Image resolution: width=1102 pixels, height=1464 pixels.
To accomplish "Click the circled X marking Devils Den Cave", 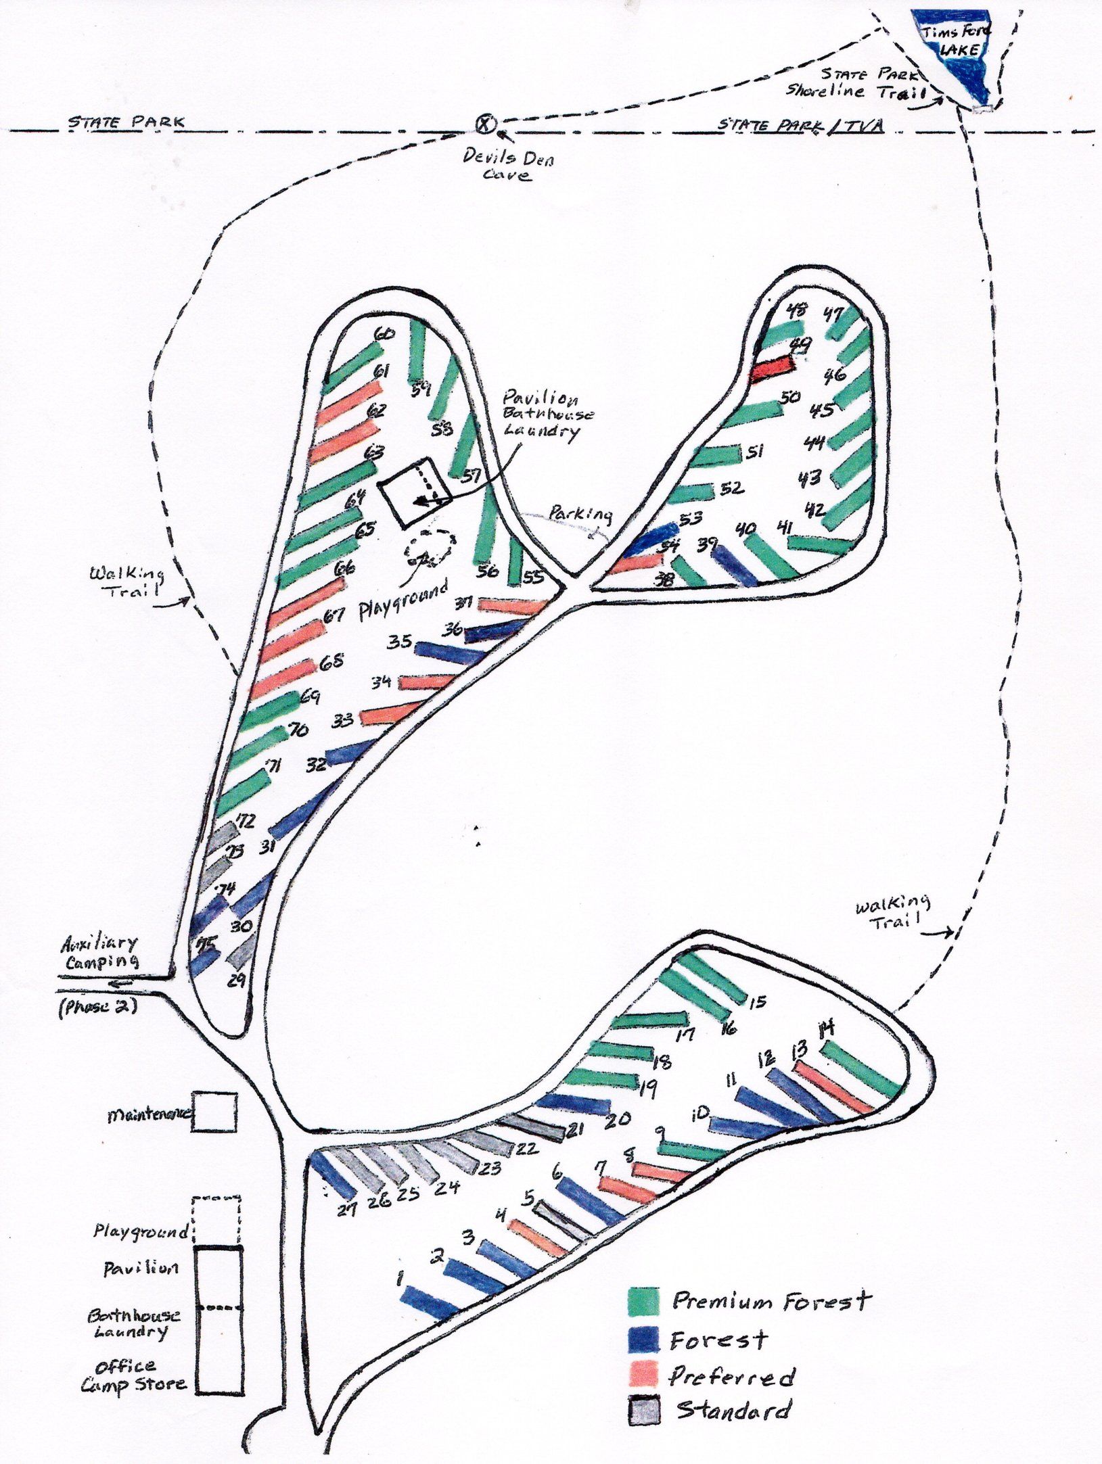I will pyautogui.click(x=485, y=124).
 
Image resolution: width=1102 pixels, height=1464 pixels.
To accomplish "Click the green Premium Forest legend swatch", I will pyautogui.click(x=643, y=1300).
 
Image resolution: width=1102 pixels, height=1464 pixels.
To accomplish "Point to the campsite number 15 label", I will pyautogui.click(x=758, y=1001).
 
